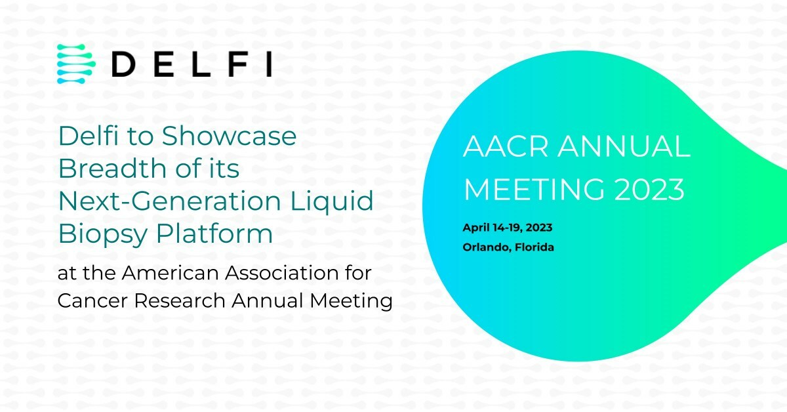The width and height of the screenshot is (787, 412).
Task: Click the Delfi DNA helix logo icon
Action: (x=76, y=64)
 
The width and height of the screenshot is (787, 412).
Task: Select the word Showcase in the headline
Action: (x=229, y=136)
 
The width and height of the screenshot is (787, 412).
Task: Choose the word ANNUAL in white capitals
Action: (x=624, y=148)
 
